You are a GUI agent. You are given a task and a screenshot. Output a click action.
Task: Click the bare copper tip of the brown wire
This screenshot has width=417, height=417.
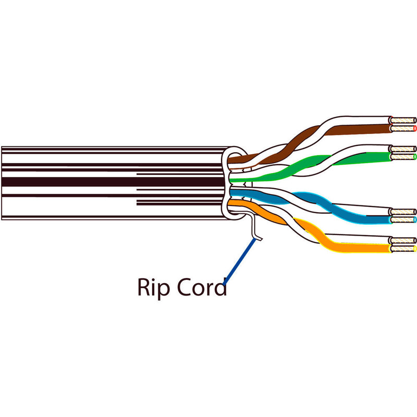point(403,128)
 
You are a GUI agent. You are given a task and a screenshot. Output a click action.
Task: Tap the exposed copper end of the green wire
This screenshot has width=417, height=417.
point(403,156)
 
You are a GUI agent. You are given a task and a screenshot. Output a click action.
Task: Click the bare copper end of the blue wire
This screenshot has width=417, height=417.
point(403,219)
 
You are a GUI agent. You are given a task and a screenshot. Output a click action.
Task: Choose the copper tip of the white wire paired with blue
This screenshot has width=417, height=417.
point(403,212)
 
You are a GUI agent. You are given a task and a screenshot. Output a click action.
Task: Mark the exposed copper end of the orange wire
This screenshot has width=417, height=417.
point(403,249)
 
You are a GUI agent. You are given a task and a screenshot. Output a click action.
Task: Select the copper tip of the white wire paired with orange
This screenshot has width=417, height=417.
point(403,241)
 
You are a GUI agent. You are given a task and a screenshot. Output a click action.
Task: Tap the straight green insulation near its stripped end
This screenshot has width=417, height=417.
point(365,156)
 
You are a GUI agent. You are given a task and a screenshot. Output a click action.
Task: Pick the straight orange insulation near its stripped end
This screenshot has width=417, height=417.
point(365,249)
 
